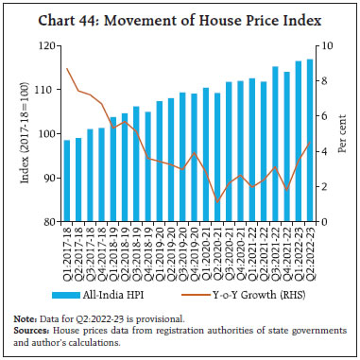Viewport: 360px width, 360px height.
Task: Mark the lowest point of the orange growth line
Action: (x=218, y=201)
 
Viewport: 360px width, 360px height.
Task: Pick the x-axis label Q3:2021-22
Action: (x=250, y=248)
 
